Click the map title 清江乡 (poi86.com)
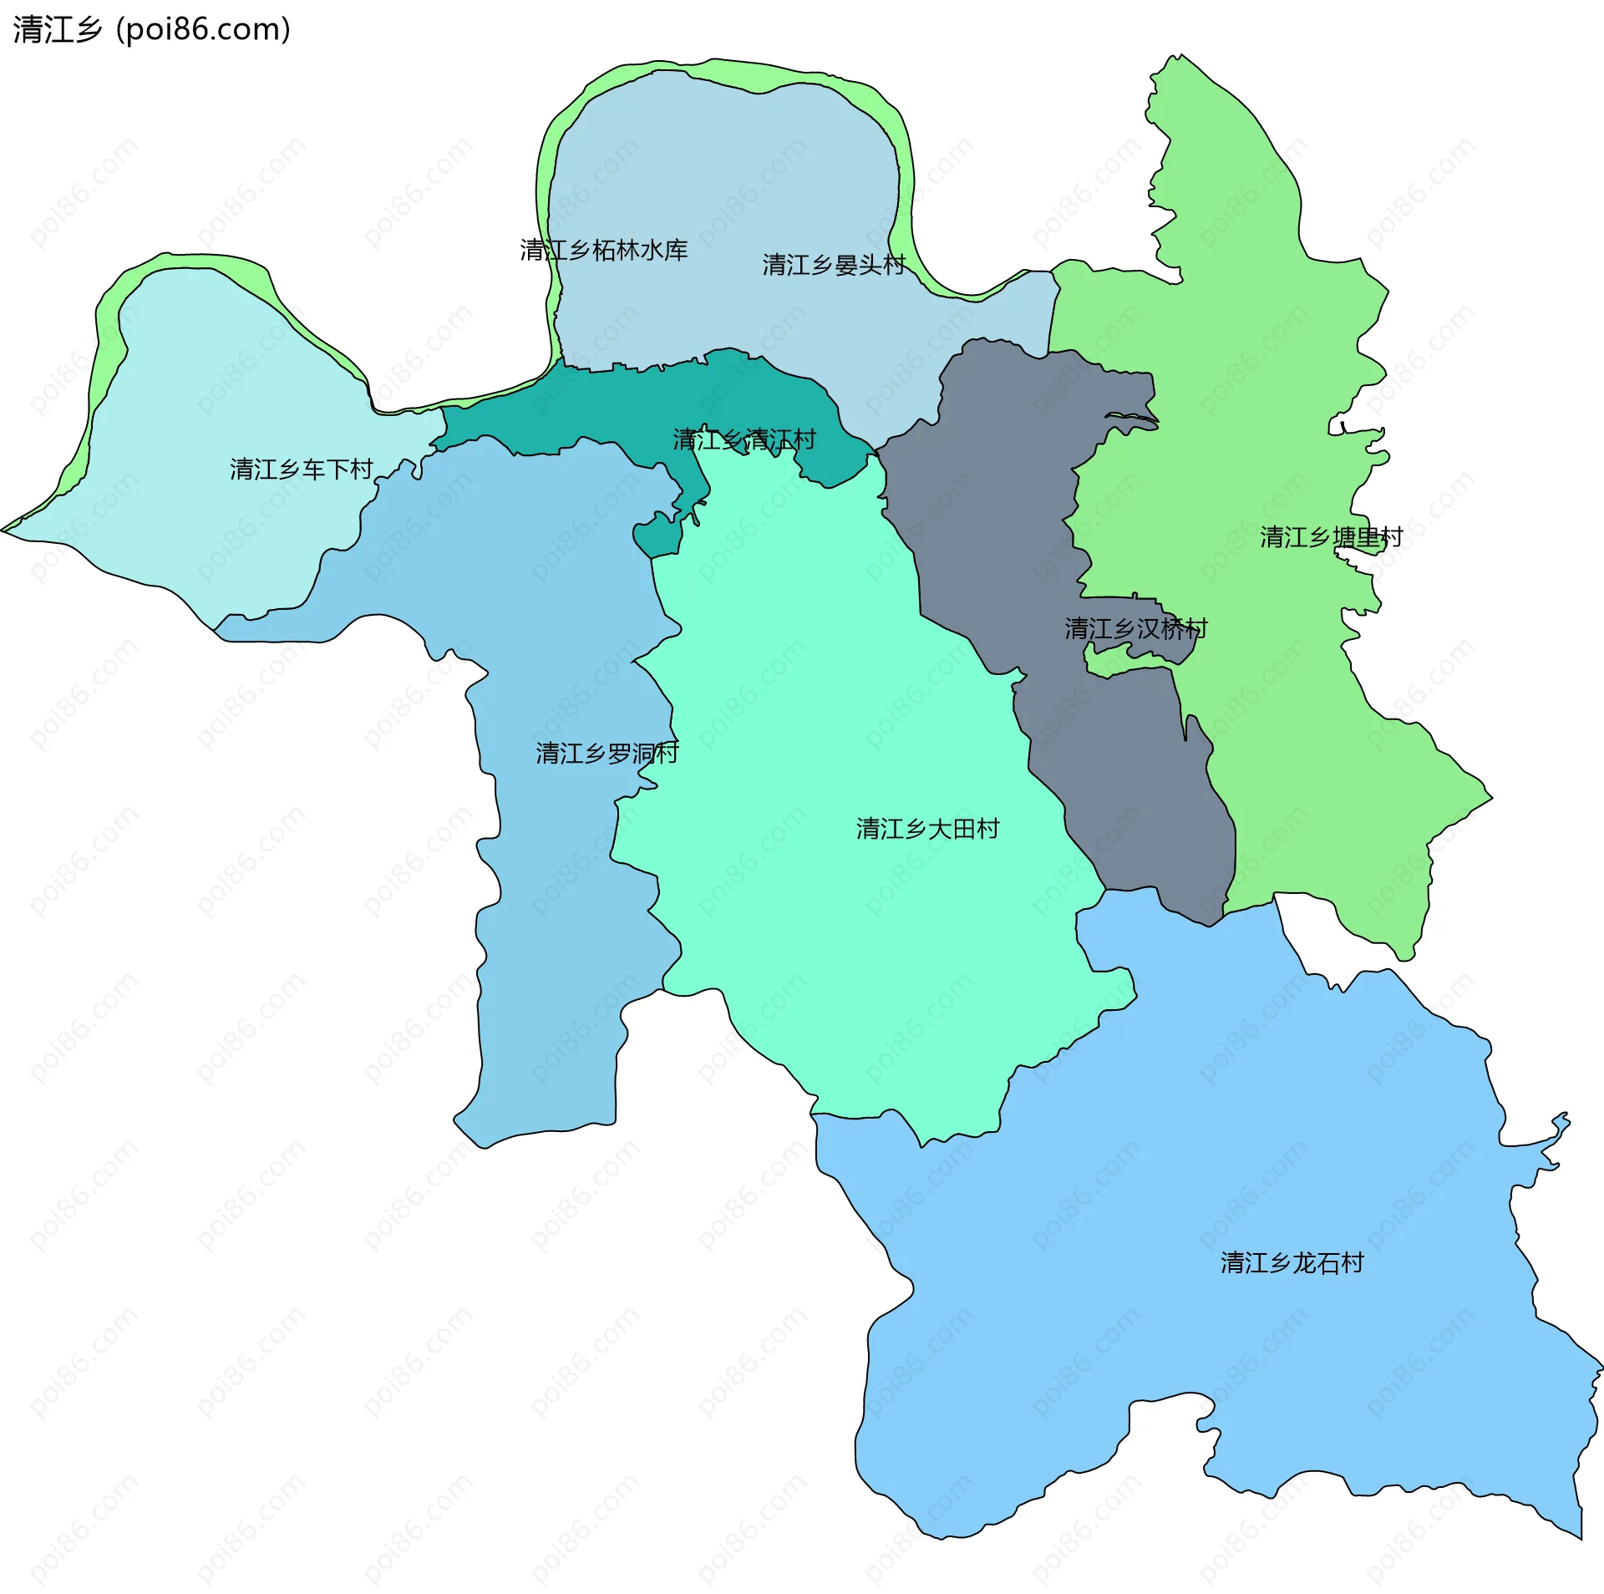click(x=151, y=30)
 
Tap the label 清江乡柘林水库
click(x=603, y=250)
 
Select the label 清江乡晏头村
click(x=833, y=265)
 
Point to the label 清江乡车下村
click(x=301, y=470)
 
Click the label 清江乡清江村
click(x=744, y=439)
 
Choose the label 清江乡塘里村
click(x=1331, y=536)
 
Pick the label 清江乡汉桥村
click(x=1135, y=628)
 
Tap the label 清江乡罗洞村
click(x=607, y=754)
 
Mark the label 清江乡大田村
click(x=927, y=829)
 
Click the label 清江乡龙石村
click(x=1292, y=1262)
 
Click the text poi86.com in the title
click(x=205, y=30)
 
